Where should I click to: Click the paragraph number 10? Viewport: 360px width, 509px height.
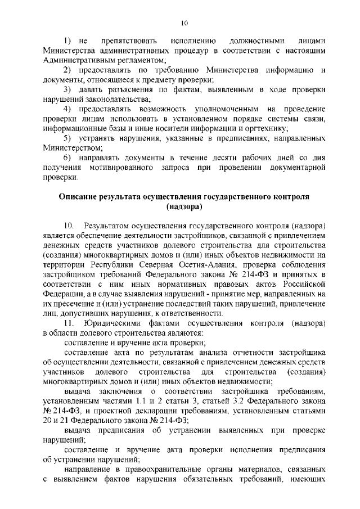click(69, 226)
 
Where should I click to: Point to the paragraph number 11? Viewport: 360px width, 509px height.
click(69, 323)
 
